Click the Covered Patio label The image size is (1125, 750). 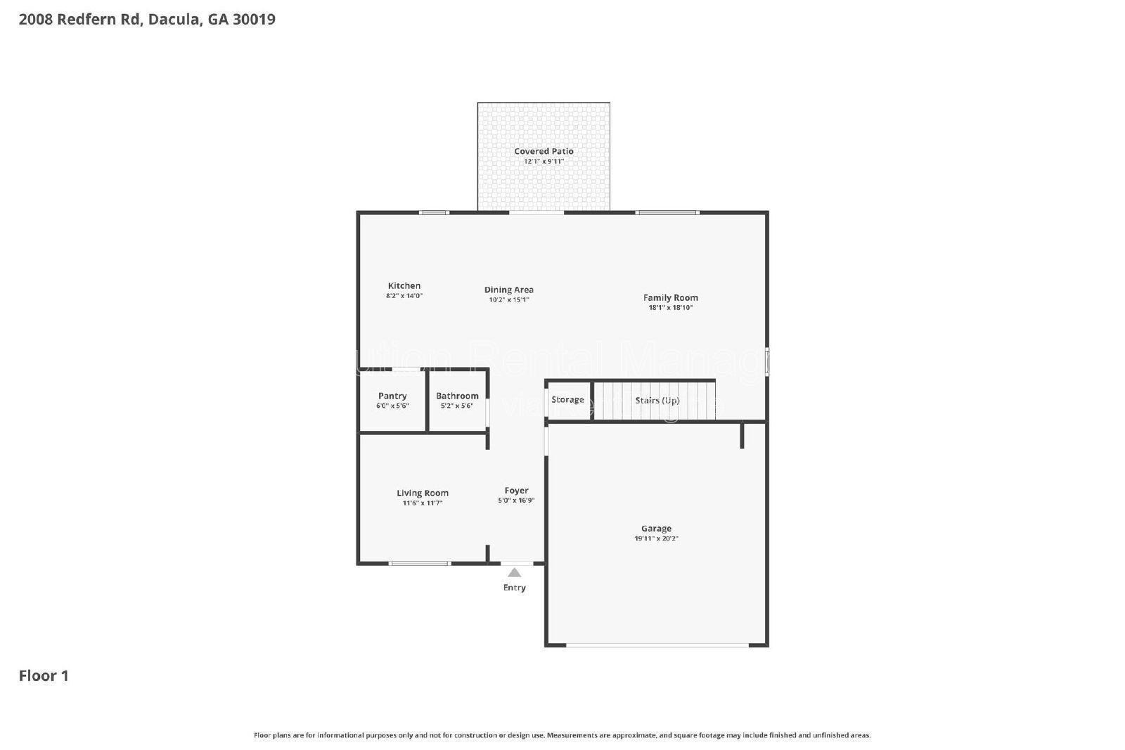click(544, 151)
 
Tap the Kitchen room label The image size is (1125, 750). click(404, 285)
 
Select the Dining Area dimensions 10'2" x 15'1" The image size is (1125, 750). click(509, 300)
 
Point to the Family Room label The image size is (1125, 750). click(670, 297)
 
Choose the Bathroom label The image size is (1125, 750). click(457, 396)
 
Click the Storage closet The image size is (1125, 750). click(567, 400)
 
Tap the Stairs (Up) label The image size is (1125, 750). click(657, 401)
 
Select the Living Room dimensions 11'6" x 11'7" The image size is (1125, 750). click(422, 503)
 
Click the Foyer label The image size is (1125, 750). click(516, 491)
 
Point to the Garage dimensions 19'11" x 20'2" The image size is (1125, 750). click(656, 539)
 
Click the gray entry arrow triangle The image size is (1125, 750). click(515, 572)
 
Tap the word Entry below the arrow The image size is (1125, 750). click(515, 588)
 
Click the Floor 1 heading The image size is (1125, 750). click(44, 675)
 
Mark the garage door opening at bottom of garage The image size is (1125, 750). click(657, 645)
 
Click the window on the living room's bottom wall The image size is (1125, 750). click(419, 563)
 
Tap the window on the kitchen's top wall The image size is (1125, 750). click(434, 212)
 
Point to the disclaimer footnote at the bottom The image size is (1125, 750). click(562, 735)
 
